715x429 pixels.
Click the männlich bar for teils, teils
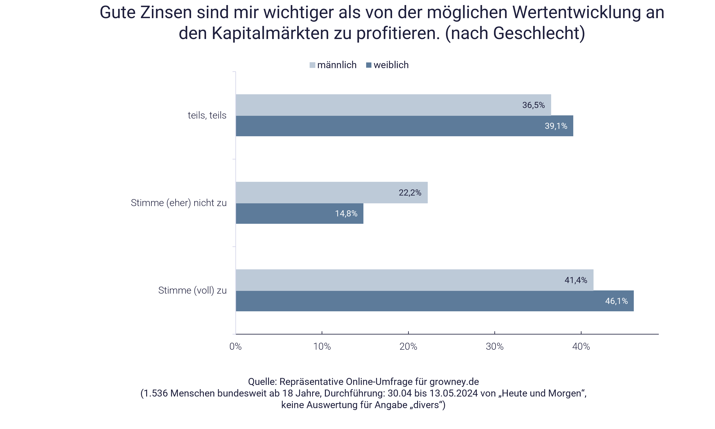(x=393, y=105)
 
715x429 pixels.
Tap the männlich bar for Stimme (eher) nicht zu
(x=332, y=193)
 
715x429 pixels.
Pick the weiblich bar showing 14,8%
(x=299, y=214)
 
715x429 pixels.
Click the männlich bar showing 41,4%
(x=414, y=280)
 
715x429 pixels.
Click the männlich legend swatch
(x=312, y=65)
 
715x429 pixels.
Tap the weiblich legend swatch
(x=368, y=65)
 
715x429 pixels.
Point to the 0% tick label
(x=236, y=346)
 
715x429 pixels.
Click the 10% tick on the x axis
(x=322, y=346)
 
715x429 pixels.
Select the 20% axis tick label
(x=408, y=346)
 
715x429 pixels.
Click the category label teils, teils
(x=207, y=115)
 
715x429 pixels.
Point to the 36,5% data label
(x=533, y=105)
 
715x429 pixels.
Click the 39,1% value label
(x=556, y=126)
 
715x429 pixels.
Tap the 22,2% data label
(x=410, y=193)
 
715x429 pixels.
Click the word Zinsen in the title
(x=166, y=13)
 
